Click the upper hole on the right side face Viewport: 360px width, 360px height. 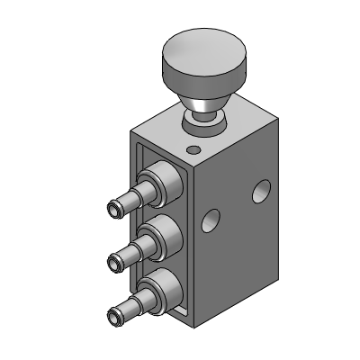[x=262, y=190]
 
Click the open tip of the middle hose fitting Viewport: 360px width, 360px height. [x=113, y=262]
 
